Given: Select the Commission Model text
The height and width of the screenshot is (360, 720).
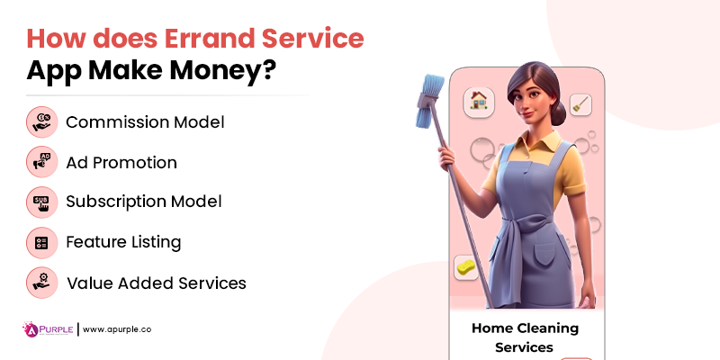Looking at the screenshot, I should point(145,121).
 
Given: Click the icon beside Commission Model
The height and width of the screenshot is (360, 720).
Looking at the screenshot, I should point(41,121).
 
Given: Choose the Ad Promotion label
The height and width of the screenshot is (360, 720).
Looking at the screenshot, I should point(121,162).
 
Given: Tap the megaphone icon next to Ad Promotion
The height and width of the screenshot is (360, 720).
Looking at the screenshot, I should point(41,162).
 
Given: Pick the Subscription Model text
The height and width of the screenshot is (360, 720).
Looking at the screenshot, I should point(144,202).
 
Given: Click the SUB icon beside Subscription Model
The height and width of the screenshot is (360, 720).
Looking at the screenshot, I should point(41,202).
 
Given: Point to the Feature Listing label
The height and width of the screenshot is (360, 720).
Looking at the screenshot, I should point(123,242).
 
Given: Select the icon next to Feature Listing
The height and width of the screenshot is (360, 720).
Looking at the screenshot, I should point(41,242).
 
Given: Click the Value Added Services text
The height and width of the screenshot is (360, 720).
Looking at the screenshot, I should point(156,283).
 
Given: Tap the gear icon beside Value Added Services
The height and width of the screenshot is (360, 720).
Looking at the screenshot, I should point(41,283).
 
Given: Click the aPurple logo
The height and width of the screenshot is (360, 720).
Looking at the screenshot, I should point(47,328).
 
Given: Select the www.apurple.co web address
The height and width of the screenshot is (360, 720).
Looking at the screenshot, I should point(117,329).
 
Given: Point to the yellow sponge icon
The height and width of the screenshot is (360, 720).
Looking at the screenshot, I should point(466,267).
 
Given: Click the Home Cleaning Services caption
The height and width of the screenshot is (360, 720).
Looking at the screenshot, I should point(525,337).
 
